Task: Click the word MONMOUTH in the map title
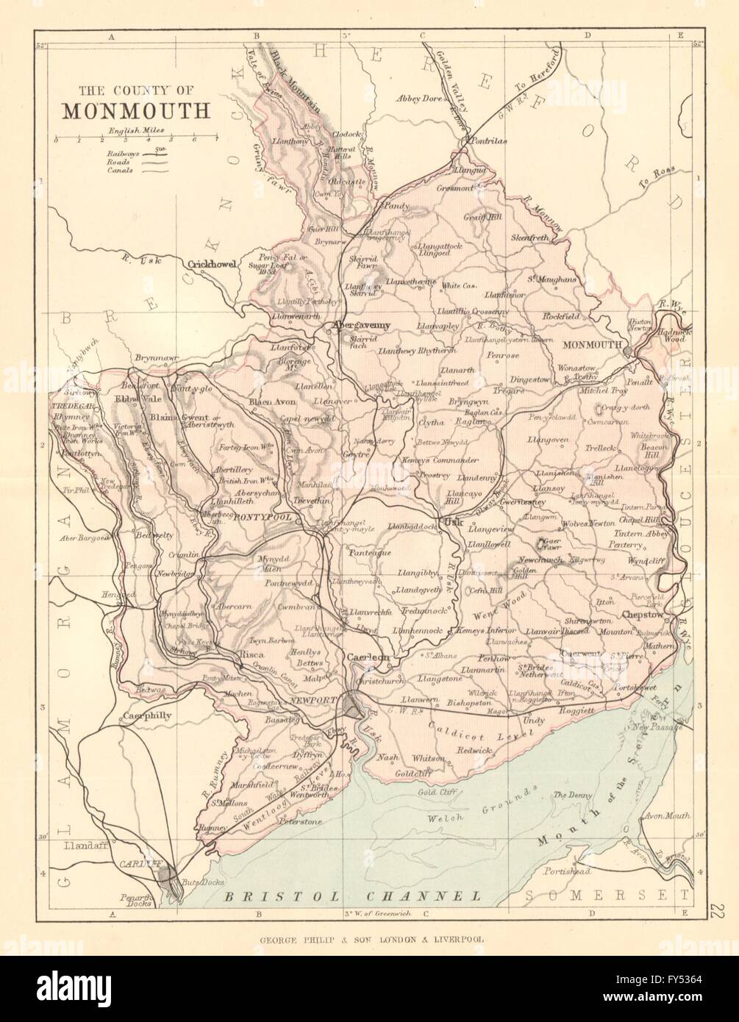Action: tap(136, 109)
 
